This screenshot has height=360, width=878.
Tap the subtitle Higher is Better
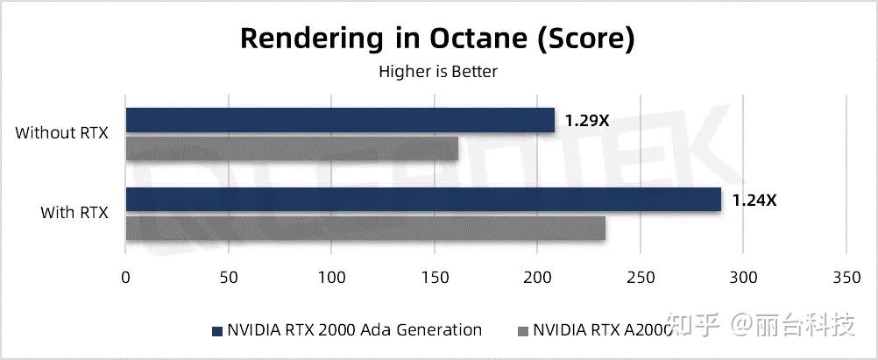pyautogui.click(x=437, y=72)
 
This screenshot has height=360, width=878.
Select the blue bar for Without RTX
pyautogui.click(x=340, y=120)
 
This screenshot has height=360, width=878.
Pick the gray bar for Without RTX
pyautogui.click(x=292, y=149)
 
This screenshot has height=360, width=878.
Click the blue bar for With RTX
pyautogui.click(x=423, y=200)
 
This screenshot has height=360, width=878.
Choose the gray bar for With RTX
pyautogui.click(x=365, y=229)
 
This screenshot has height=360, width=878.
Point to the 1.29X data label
pyautogui.click(x=587, y=121)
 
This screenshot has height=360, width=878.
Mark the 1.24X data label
pyautogui.click(x=754, y=201)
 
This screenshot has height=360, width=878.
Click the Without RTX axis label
pyautogui.click(x=61, y=134)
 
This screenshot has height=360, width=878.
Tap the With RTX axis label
pyautogui.click(x=74, y=213)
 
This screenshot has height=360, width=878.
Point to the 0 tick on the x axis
pyautogui.click(x=125, y=277)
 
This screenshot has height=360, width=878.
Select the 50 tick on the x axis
pyautogui.click(x=228, y=277)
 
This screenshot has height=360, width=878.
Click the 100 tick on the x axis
pyautogui.click(x=331, y=277)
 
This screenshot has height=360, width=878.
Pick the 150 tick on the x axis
pyautogui.click(x=434, y=277)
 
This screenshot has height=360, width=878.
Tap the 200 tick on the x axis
pyautogui.click(x=537, y=277)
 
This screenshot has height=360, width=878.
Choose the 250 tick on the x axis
pyautogui.click(x=640, y=277)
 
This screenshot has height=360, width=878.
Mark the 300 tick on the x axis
pyautogui.click(x=743, y=277)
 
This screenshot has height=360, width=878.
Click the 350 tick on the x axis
pyautogui.click(x=846, y=277)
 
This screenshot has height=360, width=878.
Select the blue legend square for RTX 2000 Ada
pyautogui.click(x=216, y=331)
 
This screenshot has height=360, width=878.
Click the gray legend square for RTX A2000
pyautogui.click(x=523, y=331)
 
